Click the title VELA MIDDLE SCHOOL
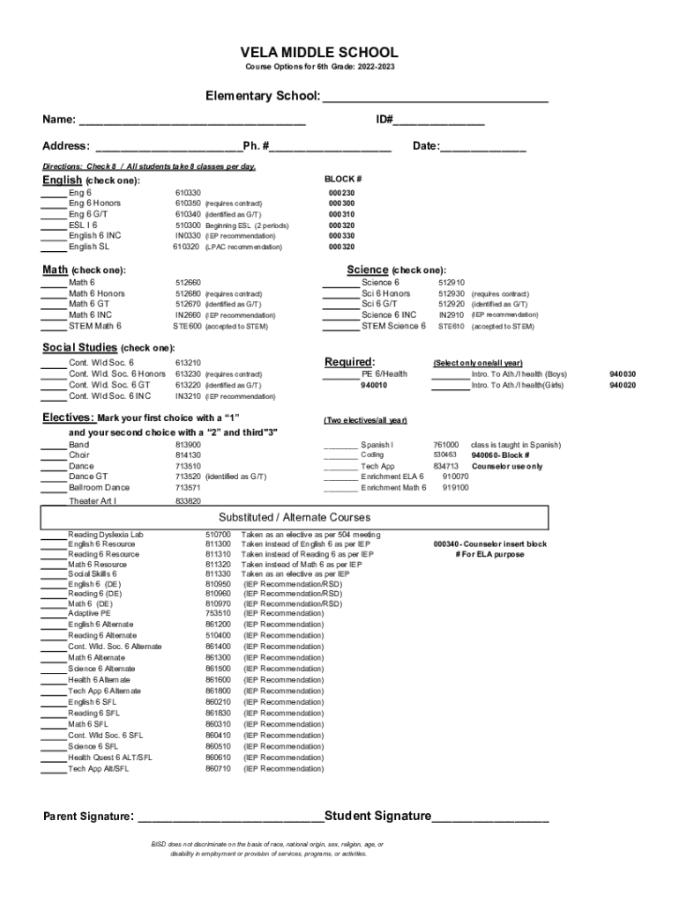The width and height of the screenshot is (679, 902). coord(319,53)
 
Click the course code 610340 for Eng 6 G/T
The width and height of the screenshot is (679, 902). coord(188,214)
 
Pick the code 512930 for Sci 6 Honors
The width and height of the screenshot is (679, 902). coord(451,293)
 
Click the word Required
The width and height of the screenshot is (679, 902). coord(349,361)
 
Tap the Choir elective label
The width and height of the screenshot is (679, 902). coord(78,455)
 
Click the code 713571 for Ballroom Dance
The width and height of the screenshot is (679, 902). coord(188,487)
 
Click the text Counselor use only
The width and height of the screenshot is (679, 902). coord(507,466)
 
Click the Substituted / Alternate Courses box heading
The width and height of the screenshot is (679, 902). coord(295,517)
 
